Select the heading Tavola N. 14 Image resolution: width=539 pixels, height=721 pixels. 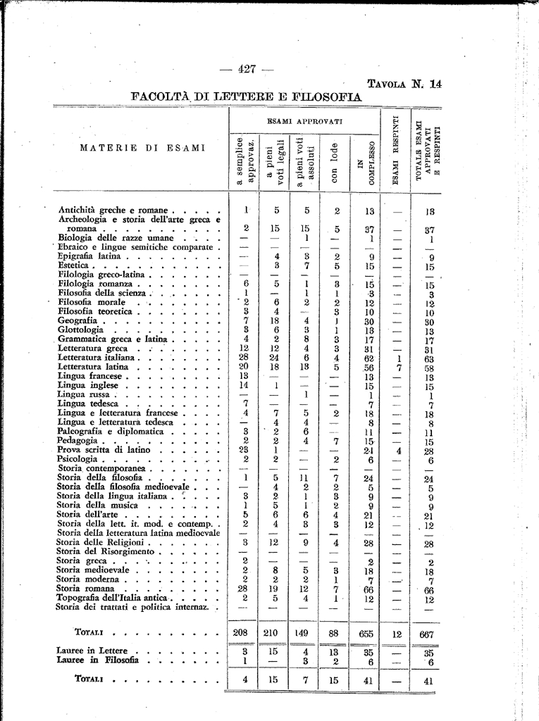click(404, 84)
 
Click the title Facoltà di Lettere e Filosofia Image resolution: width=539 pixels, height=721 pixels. click(246, 96)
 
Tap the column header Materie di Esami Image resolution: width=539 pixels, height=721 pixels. click(142, 148)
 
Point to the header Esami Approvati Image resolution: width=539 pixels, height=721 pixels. click(304, 121)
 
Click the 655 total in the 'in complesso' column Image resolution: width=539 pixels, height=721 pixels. click(366, 633)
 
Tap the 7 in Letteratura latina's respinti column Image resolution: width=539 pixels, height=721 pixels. click(399, 367)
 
